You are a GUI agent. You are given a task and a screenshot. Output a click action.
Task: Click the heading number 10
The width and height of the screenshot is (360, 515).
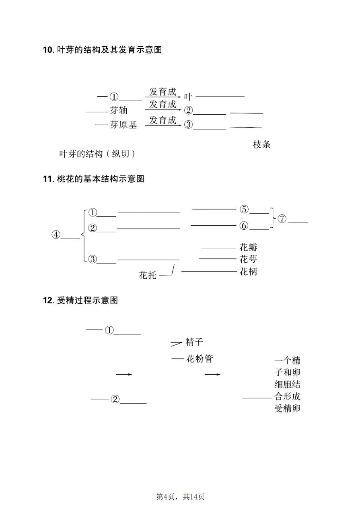click(x=47, y=50)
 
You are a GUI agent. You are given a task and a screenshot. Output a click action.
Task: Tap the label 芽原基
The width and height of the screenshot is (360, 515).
click(x=123, y=125)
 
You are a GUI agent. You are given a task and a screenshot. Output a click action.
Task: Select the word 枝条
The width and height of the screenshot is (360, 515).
click(x=262, y=144)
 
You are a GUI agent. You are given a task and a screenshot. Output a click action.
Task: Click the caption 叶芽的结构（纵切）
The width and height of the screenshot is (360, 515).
click(x=97, y=154)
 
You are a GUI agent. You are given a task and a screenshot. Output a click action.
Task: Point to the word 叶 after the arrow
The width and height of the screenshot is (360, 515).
click(x=188, y=97)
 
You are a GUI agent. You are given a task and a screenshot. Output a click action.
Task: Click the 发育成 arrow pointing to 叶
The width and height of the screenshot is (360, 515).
click(x=163, y=97)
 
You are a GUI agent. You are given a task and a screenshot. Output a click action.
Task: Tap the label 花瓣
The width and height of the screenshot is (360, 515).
click(x=248, y=247)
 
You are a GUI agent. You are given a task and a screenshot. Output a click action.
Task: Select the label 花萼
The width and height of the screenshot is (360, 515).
click(x=248, y=259)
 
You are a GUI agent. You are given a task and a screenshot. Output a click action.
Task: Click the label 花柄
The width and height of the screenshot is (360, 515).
click(x=248, y=272)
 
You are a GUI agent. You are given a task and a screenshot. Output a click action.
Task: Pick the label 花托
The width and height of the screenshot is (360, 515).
click(x=148, y=276)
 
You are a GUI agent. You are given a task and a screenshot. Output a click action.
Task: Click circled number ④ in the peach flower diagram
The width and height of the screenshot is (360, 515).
click(x=56, y=235)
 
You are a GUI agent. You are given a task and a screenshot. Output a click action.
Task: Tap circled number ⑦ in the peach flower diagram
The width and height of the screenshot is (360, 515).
click(x=282, y=219)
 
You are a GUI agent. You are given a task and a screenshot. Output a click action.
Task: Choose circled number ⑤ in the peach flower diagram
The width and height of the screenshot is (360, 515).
click(x=244, y=209)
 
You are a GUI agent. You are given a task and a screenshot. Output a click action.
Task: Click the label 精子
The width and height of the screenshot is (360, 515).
click(x=194, y=342)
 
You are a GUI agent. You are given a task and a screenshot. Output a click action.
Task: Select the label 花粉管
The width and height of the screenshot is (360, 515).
click(x=199, y=358)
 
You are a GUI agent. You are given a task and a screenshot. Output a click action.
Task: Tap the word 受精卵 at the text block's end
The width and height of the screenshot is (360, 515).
click(x=287, y=409)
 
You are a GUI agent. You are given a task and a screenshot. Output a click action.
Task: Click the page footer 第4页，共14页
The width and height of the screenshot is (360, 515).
click(x=180, y=497)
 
